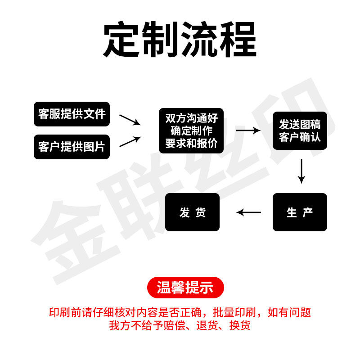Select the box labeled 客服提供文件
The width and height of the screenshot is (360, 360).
pos(72,114)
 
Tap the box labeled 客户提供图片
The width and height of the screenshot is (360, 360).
pos(72,147)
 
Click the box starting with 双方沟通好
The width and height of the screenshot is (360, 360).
pos(191,130)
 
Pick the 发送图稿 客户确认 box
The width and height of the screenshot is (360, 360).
pos(300,130)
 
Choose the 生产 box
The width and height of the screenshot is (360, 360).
pos(300,212)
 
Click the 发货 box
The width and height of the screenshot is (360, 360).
pos(192,212)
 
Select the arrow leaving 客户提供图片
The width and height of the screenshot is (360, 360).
pos(130,142)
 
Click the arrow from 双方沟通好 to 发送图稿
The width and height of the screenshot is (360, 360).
pos(248,130)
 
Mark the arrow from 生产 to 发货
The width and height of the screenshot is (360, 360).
pos(249,212)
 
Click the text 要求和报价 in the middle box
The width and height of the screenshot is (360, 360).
pos(191,143)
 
